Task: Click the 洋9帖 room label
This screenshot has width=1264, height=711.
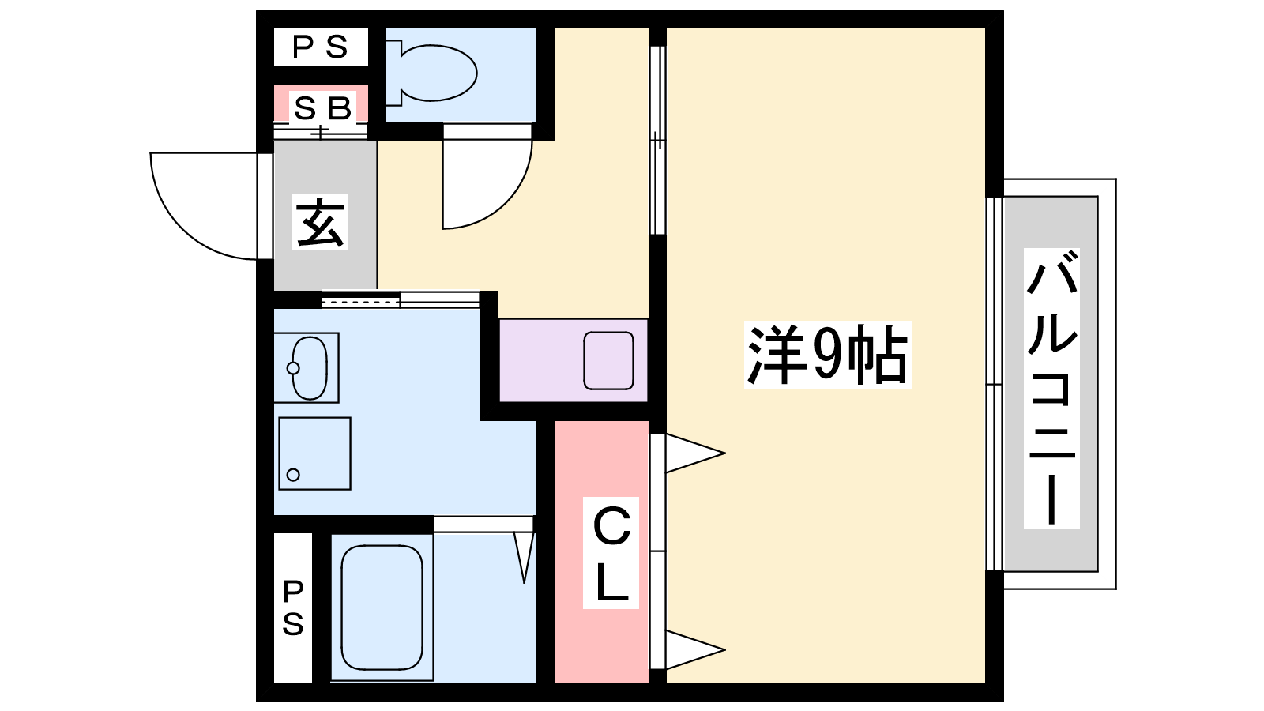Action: click(x=828, y=355)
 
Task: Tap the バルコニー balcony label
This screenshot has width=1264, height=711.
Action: click(x=1051, y=388)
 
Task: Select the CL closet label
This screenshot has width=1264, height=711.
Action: click(x=611, y=553)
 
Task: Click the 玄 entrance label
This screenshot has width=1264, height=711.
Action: click(x=320, y=222)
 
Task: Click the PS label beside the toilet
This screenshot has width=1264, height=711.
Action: click(x=321, y=47)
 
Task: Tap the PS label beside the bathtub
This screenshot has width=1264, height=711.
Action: click(x=293, y=608)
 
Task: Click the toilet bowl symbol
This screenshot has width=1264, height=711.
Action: click(x=432, y=73)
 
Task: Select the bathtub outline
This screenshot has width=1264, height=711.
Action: click(x=382, y=608)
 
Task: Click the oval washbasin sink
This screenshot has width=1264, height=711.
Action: click(x=309, y=368)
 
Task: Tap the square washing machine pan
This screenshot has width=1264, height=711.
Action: click(x=315, y=453)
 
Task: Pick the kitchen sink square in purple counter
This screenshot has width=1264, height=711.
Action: click(x=608, y=360)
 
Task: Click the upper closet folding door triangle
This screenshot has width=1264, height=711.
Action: click(x=694, y=453)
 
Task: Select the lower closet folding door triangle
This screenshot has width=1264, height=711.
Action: click(x=694, y=650)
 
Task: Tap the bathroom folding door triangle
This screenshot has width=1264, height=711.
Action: click(x=525, y=558)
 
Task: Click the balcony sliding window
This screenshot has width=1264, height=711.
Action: click(x=995, y=384)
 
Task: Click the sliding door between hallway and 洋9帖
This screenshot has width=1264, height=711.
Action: click(x=657, y=140)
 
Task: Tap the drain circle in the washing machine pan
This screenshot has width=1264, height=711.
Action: click(x=293, y=475)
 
